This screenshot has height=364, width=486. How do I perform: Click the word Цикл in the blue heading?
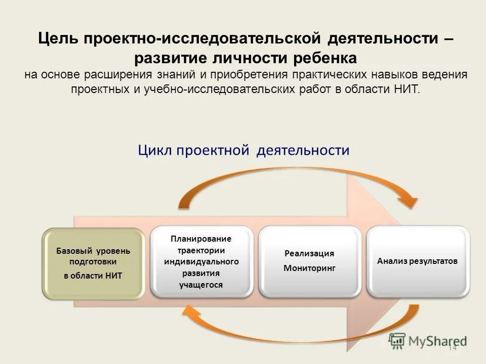pyautogui.click(x=155, y=150)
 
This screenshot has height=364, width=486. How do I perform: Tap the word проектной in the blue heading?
pyautogui.click(x=214, y=150)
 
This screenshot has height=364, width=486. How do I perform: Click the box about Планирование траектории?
pyautogui.click(x=201, y=261)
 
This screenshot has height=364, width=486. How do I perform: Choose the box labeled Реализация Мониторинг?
pyautogui.click(x=309, y=261)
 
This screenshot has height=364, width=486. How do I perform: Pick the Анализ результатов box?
pyautogui.click(x=418, y=261)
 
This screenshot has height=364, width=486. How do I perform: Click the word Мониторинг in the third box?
pyautogui.click(x=309, y=268)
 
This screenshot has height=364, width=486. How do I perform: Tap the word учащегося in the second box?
pyautogui.click(x=201, y=285)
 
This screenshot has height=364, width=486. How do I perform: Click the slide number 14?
pyautogui.click(x=452, y=348)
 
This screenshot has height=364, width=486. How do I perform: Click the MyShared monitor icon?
pyautogui.click(x=397, y=341)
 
